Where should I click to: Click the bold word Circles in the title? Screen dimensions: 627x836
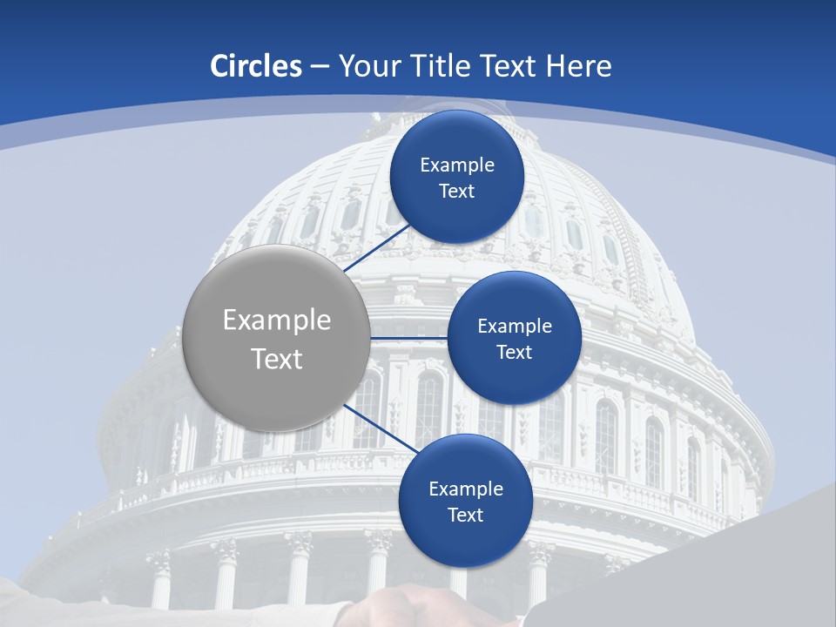coord(256,66)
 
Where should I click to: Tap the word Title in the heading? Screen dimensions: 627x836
coord(448,66)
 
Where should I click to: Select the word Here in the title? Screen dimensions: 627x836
coord(579,66)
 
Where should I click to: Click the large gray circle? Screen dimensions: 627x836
coord(276,339)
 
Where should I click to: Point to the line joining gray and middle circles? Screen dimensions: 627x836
coord(408,338)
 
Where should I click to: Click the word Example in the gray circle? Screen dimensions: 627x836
coord(277,320)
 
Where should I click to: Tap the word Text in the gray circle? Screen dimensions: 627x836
coord(277,359)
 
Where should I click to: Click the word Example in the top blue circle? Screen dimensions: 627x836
coord(457,165)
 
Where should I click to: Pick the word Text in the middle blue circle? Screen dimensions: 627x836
coord(514,353)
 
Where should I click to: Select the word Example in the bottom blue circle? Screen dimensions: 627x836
coord(466,489)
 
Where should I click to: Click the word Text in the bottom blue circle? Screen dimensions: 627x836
coord(465,516)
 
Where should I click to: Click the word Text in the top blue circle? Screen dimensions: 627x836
coord(456,192)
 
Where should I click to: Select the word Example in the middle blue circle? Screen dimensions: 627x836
coord(515,327)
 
